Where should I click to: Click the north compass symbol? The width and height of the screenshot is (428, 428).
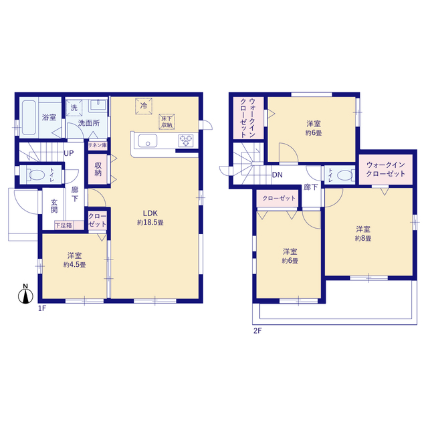pyautogui.click(x=25, y=294)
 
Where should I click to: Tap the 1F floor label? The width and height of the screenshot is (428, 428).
pyautogui.click(x=41, y=308)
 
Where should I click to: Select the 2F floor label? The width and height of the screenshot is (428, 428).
pyautogui.click(x=257, y=331)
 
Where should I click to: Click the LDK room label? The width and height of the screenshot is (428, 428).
pyautogui.click(x=150, y=213)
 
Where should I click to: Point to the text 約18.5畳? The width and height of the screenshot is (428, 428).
pyautogui.click(x=150, y=223)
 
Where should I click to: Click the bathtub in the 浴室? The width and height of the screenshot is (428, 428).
pyautogui.click(x=29, y=118)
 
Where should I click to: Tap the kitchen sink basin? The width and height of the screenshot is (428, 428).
pyautogui.click(x=148, y=140)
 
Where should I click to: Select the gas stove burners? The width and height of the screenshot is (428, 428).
pyautogui.click(x=186, y=140)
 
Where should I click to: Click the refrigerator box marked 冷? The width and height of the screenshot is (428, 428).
pyautogui.click(x=144, y=106)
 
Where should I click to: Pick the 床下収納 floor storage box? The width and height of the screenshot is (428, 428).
pyautogui.click(x=167, y=122)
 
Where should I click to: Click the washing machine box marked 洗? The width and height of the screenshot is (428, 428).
pyautogui.click(x=74, y=108)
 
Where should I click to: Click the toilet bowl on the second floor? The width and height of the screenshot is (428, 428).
pyautogui.click(x=345, y=175)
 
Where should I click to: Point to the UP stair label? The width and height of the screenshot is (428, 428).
pyautogui.click(x=69, y=153)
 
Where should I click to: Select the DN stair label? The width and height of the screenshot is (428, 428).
pyautogui.click(x=278, y=175)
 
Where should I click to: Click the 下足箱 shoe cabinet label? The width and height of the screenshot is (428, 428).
pyautogui.click(x=64, y=225)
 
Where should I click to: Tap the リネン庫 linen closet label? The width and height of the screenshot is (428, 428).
pyautogui.click(x=98, y=145)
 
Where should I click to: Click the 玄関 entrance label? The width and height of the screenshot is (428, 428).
pyautogui.click(x=54, y=206)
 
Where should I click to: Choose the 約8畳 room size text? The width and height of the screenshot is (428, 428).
pyautogui.click(x=363, y=238)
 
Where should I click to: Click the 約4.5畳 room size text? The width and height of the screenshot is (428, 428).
pyautogui.click(x=74, y=265)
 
